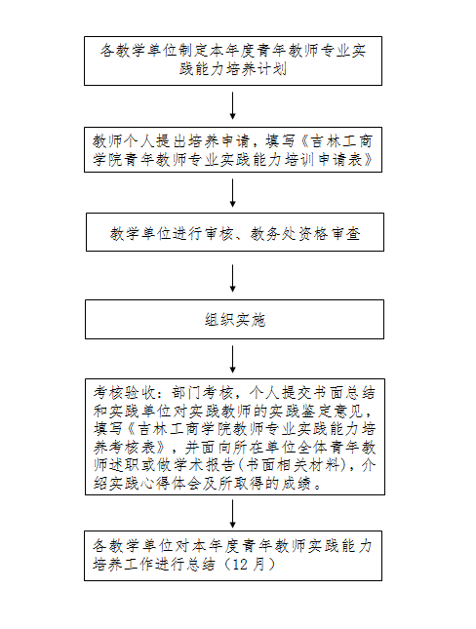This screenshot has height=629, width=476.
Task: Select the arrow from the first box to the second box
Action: pos(233,106)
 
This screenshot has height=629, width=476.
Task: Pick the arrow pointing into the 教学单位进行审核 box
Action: pos(233,193)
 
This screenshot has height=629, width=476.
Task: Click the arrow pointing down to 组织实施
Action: pos(233,278)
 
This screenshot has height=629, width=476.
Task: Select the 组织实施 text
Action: pos(235,320)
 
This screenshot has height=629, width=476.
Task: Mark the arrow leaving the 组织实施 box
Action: pos(233,360)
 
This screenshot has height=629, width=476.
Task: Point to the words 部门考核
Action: pos(202,393)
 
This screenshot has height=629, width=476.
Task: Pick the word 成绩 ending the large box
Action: pos(296,484)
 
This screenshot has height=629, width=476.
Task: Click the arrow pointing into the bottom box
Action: pos(233,514)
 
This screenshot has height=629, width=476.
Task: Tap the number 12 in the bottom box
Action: pos(240,565)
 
